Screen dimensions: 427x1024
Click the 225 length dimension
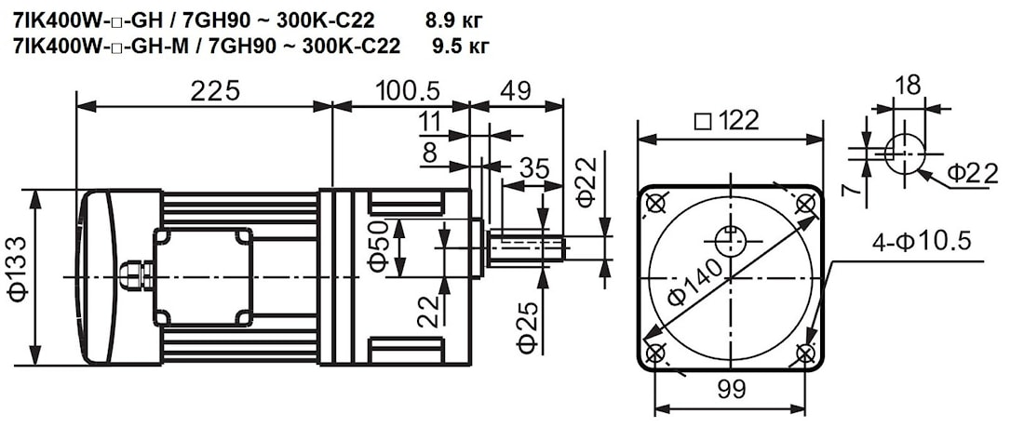tap(215, 90)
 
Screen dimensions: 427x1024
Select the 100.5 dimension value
tap(408, 90)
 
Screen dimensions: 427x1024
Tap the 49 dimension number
tap(516, 90)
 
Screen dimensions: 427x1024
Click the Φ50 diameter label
tap(378, 248)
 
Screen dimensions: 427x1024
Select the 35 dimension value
tap(533, 168)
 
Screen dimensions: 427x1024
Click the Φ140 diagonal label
tap(695, 280)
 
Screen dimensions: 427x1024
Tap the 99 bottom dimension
tap(732, 390)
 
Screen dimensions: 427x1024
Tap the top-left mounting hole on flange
tap(655, 203)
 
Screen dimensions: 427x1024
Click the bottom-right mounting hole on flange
tap(806, 354)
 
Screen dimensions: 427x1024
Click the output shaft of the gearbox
tap(526, 247)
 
